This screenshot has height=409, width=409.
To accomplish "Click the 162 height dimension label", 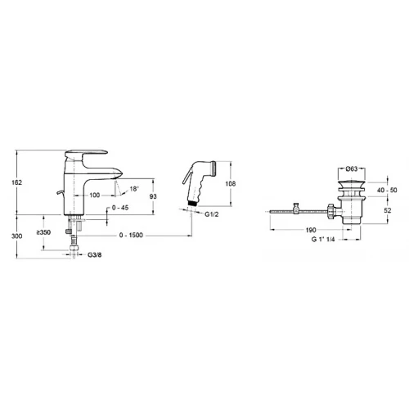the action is point(16,182).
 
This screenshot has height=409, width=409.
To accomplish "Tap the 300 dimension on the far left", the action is point(16,236).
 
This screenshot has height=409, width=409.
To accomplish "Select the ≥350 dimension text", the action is point(43,232).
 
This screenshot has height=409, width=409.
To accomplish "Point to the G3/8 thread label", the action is point(94,255).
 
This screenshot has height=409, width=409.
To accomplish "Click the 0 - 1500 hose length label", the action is point(131,235).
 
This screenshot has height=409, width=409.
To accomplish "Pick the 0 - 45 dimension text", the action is point(120,208).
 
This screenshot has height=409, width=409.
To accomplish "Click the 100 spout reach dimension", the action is point(95,196).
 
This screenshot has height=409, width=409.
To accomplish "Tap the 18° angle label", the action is point(134,189).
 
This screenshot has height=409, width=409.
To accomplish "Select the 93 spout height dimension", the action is point(153,196).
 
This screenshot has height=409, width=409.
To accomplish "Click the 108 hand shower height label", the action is point(231,184).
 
